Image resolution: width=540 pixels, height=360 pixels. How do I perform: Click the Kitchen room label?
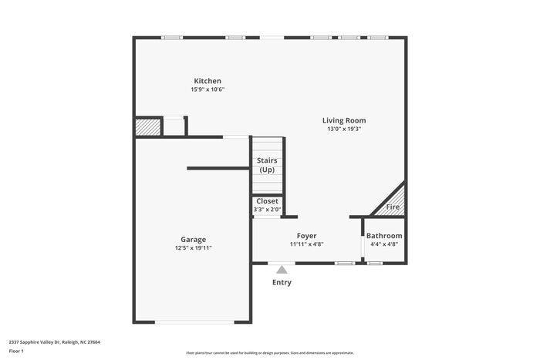tap(208, 81)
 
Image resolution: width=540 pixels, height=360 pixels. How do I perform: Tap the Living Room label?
tap(343, 120)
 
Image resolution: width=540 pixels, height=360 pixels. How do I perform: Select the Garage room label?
tap(193, 239)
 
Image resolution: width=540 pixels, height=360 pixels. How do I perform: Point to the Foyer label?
tap(306, 236)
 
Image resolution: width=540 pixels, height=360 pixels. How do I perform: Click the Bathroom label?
tap(383, 236)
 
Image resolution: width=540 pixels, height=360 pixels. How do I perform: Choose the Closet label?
tap(267, 201)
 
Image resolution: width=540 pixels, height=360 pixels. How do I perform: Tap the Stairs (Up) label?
tap(267, 165)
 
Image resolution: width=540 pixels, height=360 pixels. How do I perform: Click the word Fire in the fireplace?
tap(393, 207)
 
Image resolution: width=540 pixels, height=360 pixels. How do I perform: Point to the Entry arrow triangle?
tap(282, 270)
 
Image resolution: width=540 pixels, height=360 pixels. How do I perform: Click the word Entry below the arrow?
tap(282, 282)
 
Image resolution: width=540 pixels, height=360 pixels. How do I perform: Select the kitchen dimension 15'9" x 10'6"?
tap(208, 89)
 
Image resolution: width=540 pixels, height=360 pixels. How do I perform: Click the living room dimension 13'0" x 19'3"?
tap(343, 129)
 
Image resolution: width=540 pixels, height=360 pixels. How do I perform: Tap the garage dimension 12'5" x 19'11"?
tap(193, 247)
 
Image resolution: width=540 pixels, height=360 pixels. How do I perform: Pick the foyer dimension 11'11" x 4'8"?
tap(306, 244)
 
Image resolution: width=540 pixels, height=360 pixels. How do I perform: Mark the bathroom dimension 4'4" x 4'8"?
tap(383, 244)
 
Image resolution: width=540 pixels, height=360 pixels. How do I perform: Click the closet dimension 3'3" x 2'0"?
tap(267, 209)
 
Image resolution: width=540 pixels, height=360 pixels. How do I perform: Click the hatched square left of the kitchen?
tap(147, 127)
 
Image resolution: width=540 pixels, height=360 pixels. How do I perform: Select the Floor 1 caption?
tap(16, 352)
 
